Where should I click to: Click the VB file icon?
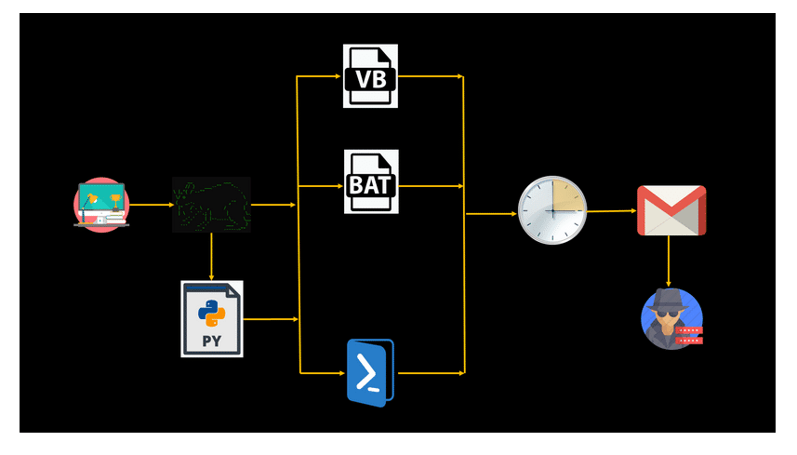[x=370, y=75]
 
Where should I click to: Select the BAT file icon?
[x=371, y=181]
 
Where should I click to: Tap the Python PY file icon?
[x=212, y=318]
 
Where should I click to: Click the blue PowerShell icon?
[x=369, y=372]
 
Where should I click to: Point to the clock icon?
[x=552, y=211]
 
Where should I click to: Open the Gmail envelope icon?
[x=671, y=210]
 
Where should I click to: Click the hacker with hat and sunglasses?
[x=671, y=318]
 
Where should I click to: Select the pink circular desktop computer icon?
[x=101, y=204]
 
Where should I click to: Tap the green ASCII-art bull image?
[x=211, y=204]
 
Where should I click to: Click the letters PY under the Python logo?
[x=212, y=340]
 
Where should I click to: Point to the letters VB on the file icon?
[x=371, y=81]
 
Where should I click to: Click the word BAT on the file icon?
[x=371, y=186]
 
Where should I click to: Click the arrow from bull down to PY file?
[x=212, y=256]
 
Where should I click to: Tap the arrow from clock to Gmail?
[x=612, y=211]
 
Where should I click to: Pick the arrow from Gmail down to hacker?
[x=669, y=261]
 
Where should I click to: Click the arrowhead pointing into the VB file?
[x=339, y=76]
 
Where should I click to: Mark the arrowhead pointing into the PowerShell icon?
[x=340, y=373]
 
